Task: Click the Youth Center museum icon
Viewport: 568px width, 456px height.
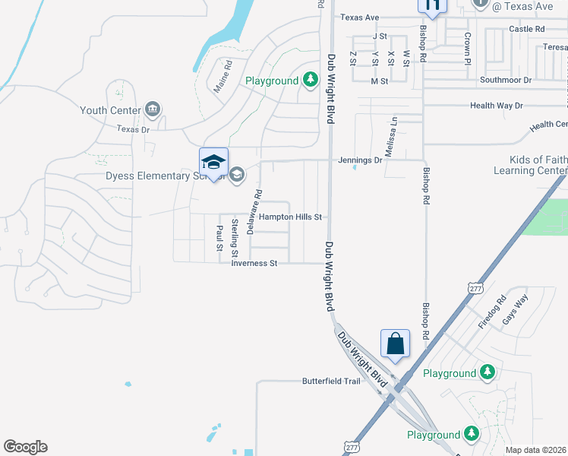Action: tap(153, 110)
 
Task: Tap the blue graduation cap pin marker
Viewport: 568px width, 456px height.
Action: tap(213, 163)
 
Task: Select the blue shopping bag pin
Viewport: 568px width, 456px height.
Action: tap(396, 344)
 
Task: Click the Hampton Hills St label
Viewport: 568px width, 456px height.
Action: tap(291, 217)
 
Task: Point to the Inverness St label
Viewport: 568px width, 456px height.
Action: tap(255, 263)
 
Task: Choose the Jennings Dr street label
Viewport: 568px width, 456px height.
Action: tap(361, 160)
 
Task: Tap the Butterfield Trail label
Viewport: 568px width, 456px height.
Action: tap(331, 381)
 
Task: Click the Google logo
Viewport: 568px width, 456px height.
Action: tap(25, 447)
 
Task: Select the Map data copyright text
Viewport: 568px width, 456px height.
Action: tap(536, 450)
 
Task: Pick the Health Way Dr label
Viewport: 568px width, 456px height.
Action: tap(497, 106)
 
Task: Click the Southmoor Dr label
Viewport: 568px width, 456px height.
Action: tap(506, 79)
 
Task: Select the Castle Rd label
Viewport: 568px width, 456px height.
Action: tap(527, 29)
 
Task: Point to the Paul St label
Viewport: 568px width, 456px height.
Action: tap(219, 237)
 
